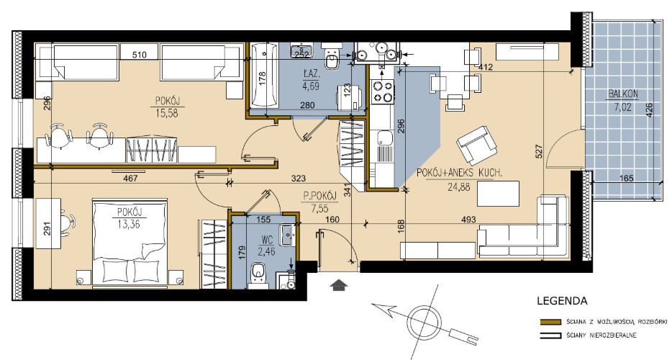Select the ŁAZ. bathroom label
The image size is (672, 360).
[311, 74]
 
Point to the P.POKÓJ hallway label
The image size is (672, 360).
[319, 196]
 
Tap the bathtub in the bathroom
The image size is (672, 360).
[264, 76]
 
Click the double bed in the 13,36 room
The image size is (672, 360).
[129, 243]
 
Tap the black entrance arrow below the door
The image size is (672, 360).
[339, 284]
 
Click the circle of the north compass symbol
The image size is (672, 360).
[424, 321]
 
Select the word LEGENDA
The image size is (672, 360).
[562, 301]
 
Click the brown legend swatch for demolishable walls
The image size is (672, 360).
[550, 321]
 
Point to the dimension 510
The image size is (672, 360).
[140, 55]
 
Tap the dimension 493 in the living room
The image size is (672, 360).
[469, 220]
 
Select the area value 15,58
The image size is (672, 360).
[166, 113]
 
